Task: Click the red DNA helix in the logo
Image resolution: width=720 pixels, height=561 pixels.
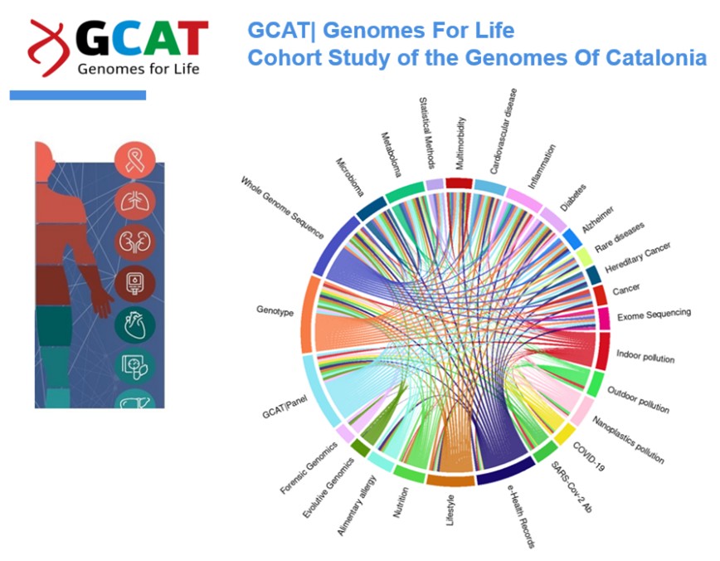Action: pyautogui.click(x=47, y=47)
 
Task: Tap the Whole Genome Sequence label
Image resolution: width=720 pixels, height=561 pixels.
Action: pyautogui.click(x=282, y=208)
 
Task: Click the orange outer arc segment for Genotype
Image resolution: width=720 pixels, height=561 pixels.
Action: pyautogui.click(x=308, y=312)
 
